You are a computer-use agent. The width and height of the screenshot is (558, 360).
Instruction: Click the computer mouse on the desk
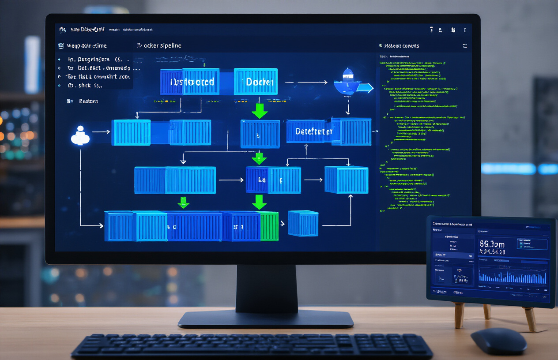[x=498, y=340]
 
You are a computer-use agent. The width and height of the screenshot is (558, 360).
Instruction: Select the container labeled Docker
[x=256, y=82]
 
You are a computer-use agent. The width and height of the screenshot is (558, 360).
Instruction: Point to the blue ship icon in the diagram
[x=346, y=82]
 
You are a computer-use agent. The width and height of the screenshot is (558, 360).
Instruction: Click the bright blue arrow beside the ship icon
[x=365, y=88]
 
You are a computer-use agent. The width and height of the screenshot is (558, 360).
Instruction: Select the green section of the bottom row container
[x=269, y=226]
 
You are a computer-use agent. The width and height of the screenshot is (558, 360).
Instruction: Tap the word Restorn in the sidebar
[x=88, y=101]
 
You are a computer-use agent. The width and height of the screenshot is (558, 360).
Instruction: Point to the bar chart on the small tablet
[x=513, y=277]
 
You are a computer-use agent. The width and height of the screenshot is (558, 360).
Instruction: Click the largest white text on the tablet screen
[x=492, y=244]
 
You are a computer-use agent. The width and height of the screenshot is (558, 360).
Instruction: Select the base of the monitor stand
[x=265, y=318]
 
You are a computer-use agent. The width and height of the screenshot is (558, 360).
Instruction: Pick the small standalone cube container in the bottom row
[x=303, y=223]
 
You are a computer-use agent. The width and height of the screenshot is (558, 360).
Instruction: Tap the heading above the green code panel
[x=401, y=45]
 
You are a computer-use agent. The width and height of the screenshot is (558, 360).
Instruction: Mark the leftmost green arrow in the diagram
[x=183, y=202]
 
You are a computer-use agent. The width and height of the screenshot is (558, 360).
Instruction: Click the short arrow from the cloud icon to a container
[x=101, y=132]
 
